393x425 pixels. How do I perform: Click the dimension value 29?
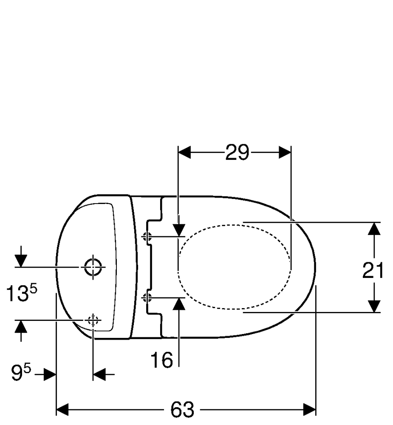(237, 152)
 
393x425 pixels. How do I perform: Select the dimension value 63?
(182, 409)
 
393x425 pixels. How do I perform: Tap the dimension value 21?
(373, 270)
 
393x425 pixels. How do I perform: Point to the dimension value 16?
(161, 360)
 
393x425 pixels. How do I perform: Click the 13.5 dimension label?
(21, 293)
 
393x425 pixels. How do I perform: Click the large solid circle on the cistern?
(93, 267)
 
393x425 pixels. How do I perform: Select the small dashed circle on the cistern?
(93, 320)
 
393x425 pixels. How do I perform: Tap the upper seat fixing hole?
(148, 237)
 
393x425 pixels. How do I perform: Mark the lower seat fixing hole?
(148, 297)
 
